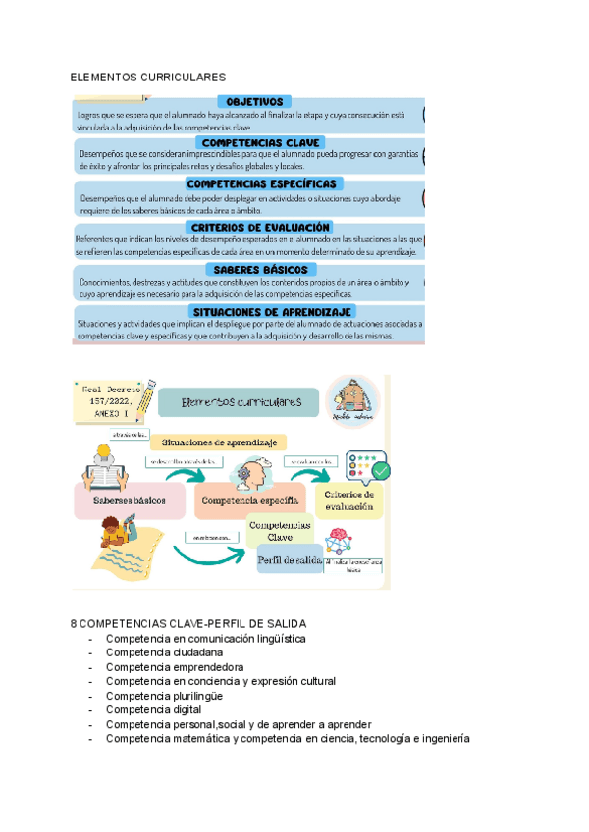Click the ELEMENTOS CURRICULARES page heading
pos(148,77)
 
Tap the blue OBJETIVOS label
pos(254,101)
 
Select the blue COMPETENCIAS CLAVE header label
pos(255,142)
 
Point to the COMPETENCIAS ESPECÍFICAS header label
pos(261,183)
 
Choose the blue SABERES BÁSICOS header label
pos(258,269)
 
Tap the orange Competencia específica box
pos(249,500)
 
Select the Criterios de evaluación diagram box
pos(349,500)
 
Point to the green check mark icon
pos(380,470)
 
